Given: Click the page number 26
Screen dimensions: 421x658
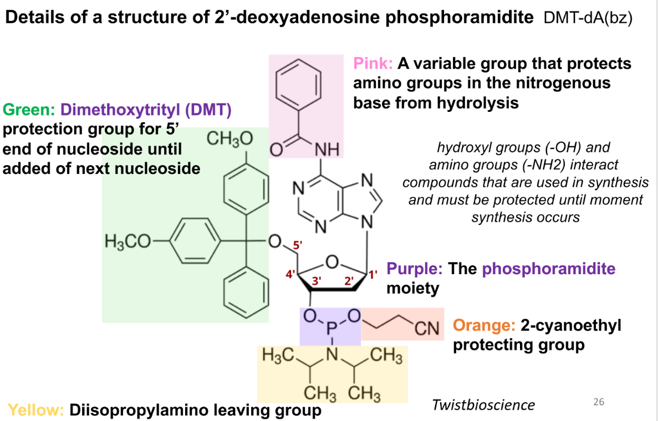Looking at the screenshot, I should (x=598, y=402).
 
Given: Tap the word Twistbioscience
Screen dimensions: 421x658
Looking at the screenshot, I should (x=483, y=405).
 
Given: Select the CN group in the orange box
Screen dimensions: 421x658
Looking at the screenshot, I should (x=427, y=328).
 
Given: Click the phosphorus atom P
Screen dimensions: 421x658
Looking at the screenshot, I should (x=331, y=329).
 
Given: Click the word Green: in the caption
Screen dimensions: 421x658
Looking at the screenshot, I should (x=29, y=109).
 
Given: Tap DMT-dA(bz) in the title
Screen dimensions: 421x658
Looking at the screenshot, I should (x=588, y=18).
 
